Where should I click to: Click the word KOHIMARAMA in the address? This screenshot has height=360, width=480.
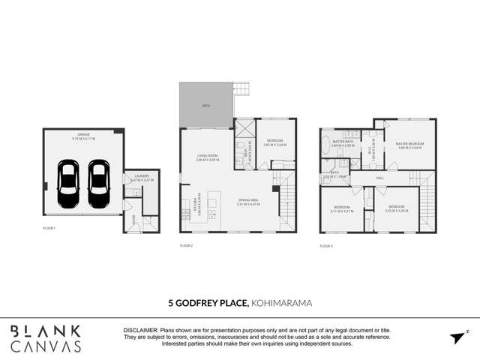(281, 304)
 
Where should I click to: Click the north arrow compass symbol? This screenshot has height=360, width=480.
(458, 337)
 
